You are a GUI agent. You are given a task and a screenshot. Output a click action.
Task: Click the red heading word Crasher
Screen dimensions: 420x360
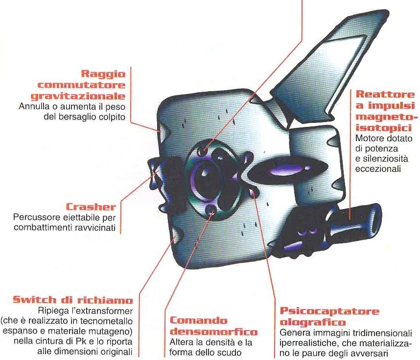tap(91, 207)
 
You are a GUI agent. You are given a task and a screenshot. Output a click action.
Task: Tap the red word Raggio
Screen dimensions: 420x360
tap(103, 74)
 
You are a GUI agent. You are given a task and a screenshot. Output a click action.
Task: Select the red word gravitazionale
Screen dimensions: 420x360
tap(78, 96)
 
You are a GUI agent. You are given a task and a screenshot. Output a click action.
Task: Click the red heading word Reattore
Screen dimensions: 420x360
tap(385, 95)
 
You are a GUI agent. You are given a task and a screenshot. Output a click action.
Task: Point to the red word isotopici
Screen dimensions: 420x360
tap(383, 128)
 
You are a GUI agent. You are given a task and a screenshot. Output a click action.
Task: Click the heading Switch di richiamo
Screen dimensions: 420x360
tap(73, 300)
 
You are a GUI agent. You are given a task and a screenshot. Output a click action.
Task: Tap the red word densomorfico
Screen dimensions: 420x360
tap(214, 332)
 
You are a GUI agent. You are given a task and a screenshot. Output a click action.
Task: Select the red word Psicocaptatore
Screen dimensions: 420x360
tap(329, 311)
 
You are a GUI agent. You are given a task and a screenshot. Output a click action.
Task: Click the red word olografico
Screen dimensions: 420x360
tap(313, 322)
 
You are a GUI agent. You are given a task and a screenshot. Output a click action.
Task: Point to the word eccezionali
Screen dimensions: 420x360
tap(378, 169)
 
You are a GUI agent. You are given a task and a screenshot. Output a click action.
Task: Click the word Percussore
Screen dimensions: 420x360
tap(35, 217)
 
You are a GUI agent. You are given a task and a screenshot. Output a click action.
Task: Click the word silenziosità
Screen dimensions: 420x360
tap(382, 159)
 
